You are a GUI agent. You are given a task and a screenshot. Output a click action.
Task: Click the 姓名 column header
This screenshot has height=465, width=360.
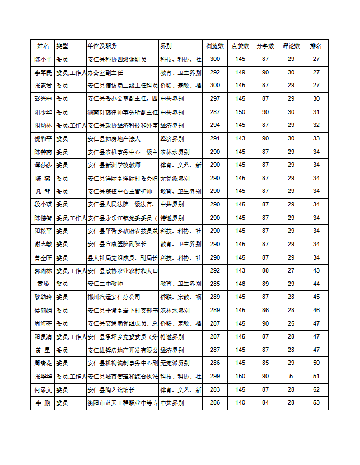click(x=43, y=45)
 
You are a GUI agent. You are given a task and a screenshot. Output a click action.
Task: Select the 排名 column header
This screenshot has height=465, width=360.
click(x=316, y=45)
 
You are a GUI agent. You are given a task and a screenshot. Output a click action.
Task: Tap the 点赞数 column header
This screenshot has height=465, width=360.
click(x=240, y=45)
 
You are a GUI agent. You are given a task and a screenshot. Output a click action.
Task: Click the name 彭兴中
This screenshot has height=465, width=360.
click(x=43, y=98)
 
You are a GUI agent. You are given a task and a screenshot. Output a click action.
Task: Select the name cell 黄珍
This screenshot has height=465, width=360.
click(x=43, y=284)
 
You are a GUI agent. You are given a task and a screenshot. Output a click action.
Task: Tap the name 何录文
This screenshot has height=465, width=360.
click(x=43, y=389)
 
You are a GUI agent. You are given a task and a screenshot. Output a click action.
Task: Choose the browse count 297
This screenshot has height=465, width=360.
click(x=214, y=98)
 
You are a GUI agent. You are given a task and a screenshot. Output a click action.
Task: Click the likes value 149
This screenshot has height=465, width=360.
click(x=240, y=72)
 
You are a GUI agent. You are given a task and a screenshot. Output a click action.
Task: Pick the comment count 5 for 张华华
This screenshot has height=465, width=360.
click(x=291, y=377)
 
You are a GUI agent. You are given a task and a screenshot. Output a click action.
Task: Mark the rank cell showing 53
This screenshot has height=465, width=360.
click(x=316, y=403)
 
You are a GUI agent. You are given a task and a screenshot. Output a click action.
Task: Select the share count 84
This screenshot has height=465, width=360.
click(x=265, y=403)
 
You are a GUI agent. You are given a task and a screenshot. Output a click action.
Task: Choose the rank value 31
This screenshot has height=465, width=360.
click(x=316, y=112)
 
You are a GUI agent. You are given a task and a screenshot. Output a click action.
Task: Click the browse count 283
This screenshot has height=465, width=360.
click(x=214, y=389)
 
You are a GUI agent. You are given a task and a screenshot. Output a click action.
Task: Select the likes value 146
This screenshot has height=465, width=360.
click(x=240, y=284)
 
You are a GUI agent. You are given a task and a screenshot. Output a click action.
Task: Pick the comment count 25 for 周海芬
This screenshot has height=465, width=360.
click(x=291, y=323)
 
